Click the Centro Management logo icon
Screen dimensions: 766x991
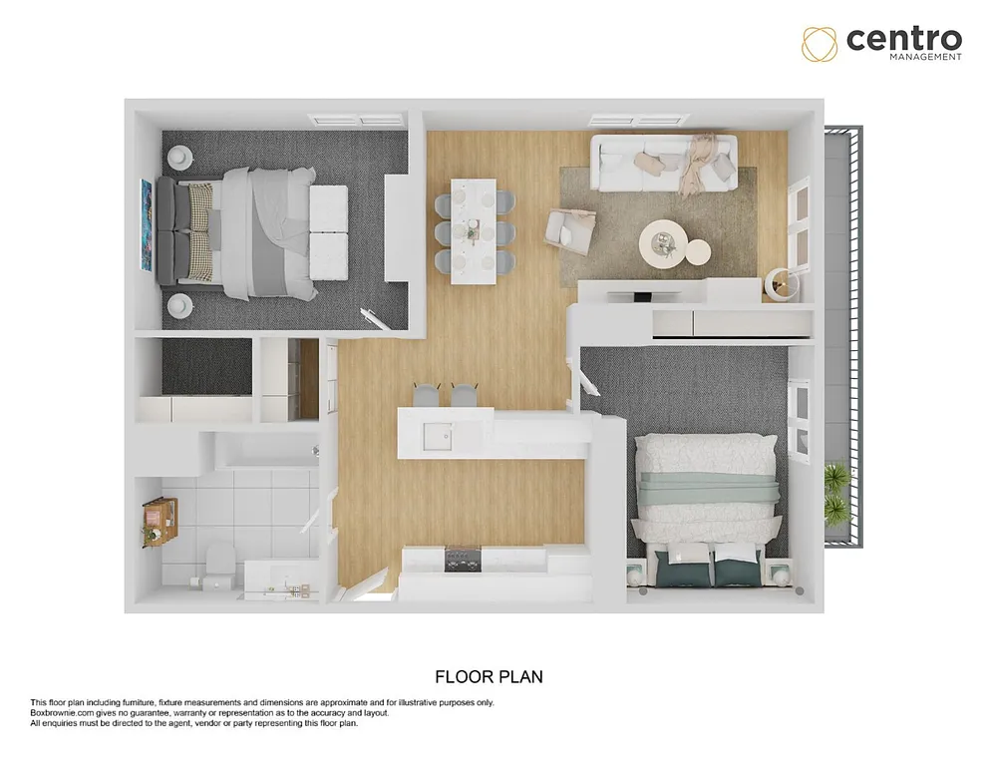click(x=821, y=44)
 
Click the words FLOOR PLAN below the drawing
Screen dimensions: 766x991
click(x=489, y=676)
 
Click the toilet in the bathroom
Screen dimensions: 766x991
click(x=216, y=563)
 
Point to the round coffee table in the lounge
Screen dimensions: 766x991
click(x=663, y=239)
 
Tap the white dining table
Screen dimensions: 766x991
click(x=473, y=230)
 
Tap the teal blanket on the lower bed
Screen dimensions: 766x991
click(x=708, y=489)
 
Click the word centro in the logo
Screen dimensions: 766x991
click(x=903, y=39)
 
